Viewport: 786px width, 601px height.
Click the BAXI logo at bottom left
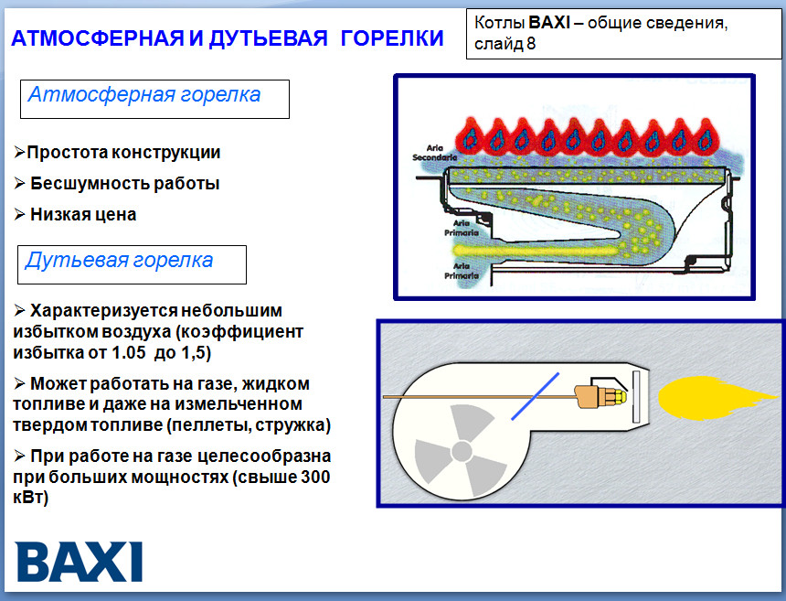tap(80, 561)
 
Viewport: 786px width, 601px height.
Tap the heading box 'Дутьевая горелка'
tap(132, 263)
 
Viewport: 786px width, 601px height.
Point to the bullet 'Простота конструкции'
tap(123, 153)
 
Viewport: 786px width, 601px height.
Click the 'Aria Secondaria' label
tap(431, 152)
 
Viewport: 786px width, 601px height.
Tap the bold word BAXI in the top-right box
tap(549, 22)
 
